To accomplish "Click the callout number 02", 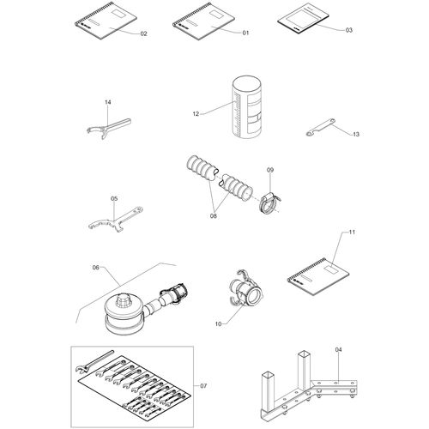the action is tap(143, 33).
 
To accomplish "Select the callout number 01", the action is tap(245, 33).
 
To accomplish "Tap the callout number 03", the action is tap(349, 30).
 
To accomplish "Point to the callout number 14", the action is tap(108, 102).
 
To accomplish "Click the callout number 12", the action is tap(196, 114).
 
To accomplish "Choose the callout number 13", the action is tap(356, 134).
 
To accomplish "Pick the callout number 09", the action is tap(270, 170).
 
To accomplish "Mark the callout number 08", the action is tap(214, 216).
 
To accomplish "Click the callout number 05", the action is tap(114, 198).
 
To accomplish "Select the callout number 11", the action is tap(352, 232).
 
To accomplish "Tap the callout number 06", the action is tap(96, 268).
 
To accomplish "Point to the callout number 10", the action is tap(218, 324).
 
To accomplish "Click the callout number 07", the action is tap(203, 386).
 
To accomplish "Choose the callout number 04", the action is tap(339, 349).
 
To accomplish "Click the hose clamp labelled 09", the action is tap(269, 203).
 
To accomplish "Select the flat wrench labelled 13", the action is tap(321, 127).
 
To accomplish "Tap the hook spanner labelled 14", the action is tap(109, 129).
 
